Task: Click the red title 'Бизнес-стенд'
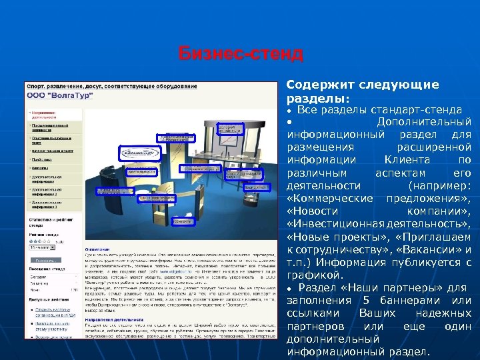[x=241, y=54]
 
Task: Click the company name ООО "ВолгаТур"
[x=59, y=96]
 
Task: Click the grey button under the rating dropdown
[x=45, y=260]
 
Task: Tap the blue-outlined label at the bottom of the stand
[x=183, y=221]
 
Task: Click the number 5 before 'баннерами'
[x=385, y=301]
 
